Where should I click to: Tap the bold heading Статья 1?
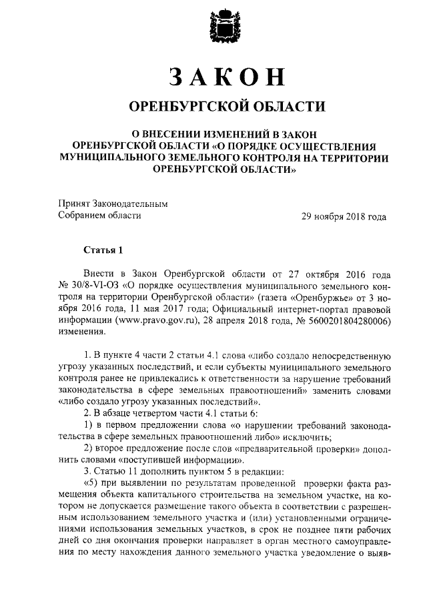coord(103,251)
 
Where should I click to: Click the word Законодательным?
coord(130,204)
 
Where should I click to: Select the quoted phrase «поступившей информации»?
coord(183,461)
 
